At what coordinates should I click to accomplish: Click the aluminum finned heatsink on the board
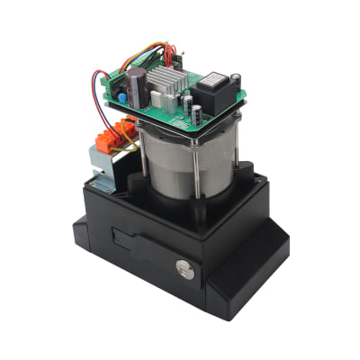tap(168, 82)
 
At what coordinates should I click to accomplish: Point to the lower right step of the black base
tap(261, 270)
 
